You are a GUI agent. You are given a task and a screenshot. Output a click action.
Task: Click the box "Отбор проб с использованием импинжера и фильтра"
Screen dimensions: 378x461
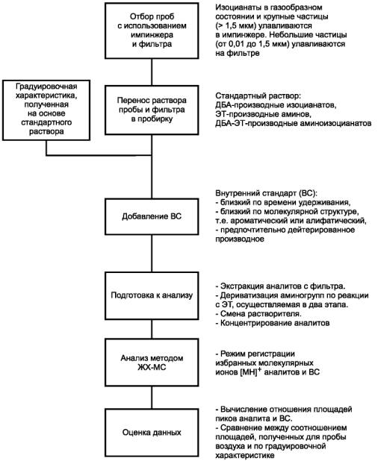click(152, 31)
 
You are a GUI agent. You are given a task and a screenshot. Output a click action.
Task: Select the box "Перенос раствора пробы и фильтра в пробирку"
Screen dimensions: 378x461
click(152, 110)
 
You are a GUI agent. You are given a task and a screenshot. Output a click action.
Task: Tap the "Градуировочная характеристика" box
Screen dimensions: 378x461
click(46, 110)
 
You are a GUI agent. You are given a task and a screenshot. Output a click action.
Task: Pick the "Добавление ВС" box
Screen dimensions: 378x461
click(152, 216)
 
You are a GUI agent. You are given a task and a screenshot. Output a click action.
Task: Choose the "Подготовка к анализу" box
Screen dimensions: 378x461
click(152, 295)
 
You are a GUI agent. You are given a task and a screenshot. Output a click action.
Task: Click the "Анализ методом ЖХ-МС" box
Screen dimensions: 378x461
click(152, 363)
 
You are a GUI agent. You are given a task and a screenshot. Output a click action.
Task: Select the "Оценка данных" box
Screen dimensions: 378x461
click(152, 432)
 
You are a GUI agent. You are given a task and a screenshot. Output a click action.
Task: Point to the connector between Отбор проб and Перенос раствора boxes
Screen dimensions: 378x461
click(152, 72)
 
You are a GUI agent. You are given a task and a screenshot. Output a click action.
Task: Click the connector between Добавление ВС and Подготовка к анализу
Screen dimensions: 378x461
click(152, 253)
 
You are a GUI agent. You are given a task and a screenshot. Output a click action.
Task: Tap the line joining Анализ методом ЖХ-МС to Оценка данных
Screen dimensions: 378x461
click(152, 397)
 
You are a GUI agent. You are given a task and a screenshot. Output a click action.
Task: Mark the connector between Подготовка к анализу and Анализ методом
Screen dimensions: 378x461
click(152, 329)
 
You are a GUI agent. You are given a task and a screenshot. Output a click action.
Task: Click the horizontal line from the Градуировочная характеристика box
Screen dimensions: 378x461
click(99, 155)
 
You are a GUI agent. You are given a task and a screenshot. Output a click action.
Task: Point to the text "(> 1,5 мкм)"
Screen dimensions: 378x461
click(236, 26)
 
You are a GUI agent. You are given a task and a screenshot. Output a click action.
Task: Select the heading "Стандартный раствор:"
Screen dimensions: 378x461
click(258, 95)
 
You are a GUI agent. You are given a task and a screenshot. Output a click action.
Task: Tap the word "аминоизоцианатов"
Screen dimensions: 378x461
click(335, 123)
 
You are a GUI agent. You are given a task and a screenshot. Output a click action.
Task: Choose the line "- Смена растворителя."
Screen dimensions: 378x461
click(258, 314)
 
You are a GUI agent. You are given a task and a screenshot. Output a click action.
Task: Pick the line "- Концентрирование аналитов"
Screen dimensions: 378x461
click(273, 323)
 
